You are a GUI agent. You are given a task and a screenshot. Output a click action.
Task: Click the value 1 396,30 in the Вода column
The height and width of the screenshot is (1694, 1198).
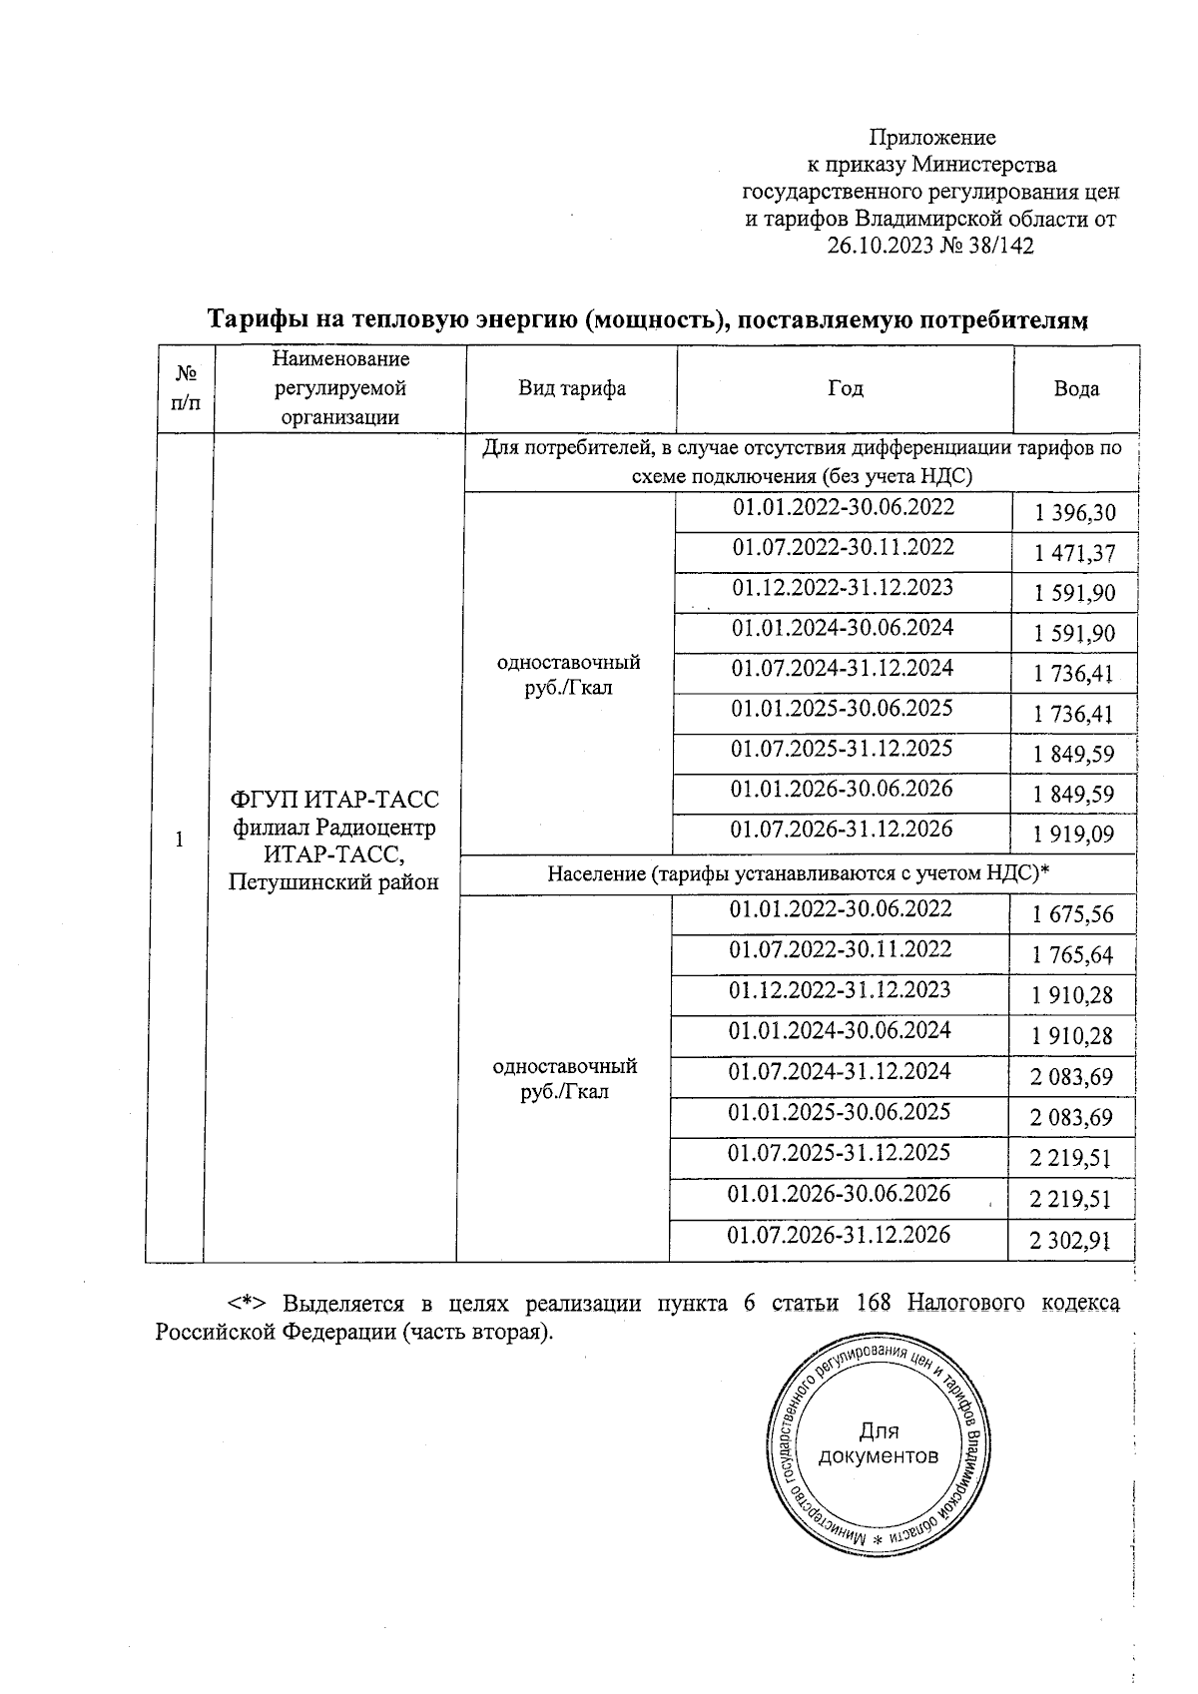pos(1074,514)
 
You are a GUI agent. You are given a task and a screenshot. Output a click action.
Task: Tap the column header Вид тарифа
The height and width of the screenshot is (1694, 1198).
pos(572,389)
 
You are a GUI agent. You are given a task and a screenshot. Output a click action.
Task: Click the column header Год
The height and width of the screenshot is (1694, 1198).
pos(845,389)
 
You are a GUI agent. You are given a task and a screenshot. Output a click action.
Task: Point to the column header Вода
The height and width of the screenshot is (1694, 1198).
pos(1076,389)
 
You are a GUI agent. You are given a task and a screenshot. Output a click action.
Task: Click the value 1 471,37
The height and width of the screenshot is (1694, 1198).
pos(1074,554)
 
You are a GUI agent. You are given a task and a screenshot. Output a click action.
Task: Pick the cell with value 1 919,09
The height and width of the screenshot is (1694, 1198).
pos(1074,835)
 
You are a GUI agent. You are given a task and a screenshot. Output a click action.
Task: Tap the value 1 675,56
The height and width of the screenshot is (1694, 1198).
pos(1073,914)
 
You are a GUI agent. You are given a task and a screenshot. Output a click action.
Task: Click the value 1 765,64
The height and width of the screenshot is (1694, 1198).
pos(1073,955)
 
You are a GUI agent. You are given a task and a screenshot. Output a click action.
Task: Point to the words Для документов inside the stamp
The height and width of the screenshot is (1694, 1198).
pos(878,1443)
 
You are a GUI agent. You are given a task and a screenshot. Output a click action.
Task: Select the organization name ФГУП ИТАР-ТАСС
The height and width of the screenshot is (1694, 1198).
pos(334,800)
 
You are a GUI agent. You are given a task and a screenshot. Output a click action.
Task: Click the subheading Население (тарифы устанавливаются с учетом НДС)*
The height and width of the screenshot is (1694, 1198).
pos(799,874)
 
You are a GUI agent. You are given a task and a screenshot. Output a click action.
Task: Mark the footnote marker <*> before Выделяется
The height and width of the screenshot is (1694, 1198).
pos(246,1304)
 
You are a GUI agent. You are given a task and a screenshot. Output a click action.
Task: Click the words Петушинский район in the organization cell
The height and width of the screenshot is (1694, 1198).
pos(333,882)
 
